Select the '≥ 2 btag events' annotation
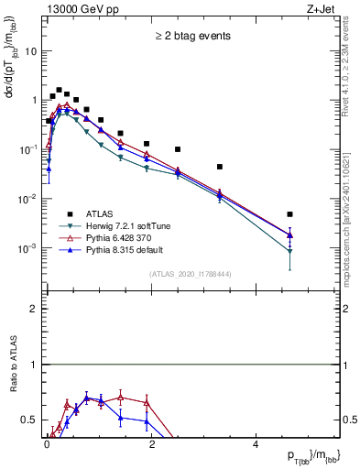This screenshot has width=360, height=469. pos(191,36)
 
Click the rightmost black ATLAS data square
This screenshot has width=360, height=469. pos(289,214)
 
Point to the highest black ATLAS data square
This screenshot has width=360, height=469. pos(60,91)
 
